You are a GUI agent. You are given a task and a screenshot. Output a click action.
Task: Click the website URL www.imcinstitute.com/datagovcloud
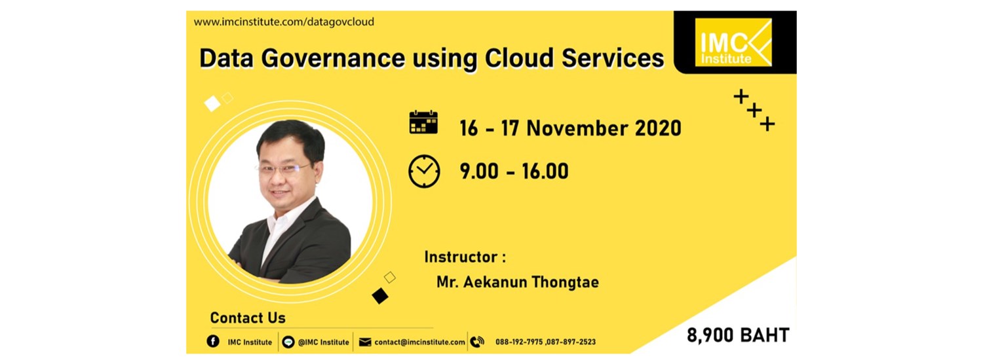point(284,22)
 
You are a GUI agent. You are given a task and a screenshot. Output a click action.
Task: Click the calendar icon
point(423,122)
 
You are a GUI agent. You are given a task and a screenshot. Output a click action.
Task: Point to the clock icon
point(424,171)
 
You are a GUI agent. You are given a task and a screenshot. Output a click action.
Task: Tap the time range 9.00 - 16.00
point(514,172)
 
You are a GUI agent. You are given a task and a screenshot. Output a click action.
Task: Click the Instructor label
point(465,256)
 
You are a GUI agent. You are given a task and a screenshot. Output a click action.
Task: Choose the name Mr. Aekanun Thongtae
point(517,282)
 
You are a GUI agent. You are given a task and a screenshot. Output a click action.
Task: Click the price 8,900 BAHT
point(738,336)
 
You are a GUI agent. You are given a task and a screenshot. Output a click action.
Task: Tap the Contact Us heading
point(248,318)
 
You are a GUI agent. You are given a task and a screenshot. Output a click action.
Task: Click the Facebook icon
point(212,341)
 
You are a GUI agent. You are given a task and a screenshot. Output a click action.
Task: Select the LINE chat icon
point(288,341)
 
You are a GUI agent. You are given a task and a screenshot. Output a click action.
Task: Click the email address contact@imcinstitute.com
point(419,342)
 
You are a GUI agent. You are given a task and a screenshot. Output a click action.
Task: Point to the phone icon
point(477,341)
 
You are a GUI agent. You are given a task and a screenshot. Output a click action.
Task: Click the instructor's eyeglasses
point(283,168)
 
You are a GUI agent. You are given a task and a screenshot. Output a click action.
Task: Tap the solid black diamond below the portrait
point(380,296)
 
